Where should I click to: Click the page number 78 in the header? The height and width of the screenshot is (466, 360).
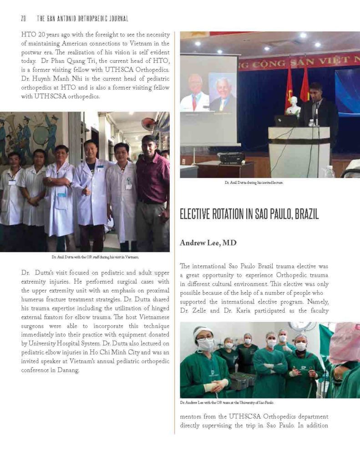(x=23, y=18)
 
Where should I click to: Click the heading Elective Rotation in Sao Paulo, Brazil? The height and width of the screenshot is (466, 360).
(x=249, y=214)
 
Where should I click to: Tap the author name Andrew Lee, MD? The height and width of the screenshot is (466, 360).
(x=208, y=243)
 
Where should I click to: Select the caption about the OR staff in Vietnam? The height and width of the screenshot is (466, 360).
(x=95, y=257)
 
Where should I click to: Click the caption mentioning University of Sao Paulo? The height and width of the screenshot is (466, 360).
(x=227, y=403)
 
